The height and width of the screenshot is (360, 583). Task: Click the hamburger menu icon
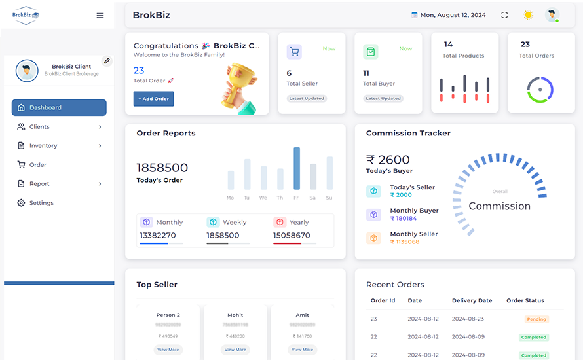100,16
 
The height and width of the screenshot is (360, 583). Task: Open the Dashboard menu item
59,107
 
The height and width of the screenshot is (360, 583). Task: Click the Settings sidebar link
41,203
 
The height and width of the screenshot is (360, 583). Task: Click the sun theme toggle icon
528,15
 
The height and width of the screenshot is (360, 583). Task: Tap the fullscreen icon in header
504,15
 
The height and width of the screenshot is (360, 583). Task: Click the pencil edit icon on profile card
107,61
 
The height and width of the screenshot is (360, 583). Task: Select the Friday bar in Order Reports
297,168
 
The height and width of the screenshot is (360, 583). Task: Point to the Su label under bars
329,198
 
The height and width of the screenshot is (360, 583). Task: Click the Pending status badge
536,319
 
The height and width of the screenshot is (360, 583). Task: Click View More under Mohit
235,350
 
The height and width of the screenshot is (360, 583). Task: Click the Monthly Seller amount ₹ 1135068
405,242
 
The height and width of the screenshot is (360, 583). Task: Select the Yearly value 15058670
291,236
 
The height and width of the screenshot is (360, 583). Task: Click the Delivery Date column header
472,300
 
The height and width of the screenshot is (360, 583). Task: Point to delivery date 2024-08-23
467,319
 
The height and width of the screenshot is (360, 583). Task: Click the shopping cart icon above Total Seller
294,52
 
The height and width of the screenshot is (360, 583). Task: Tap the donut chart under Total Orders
540,90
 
